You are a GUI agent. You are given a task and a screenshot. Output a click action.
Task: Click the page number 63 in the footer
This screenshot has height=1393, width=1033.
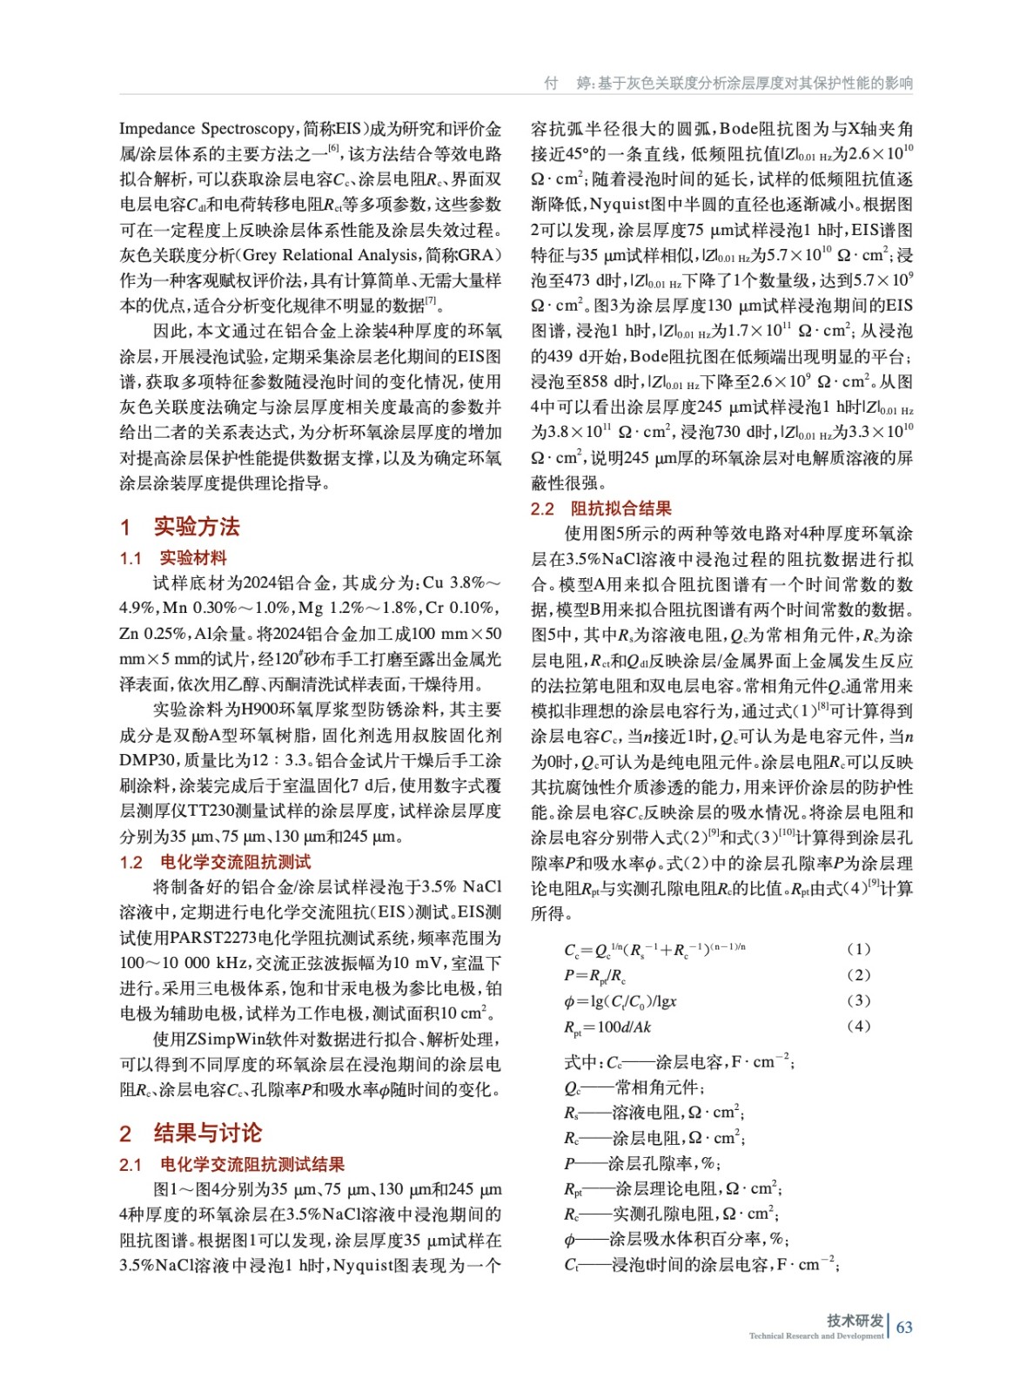tap(904, 1327)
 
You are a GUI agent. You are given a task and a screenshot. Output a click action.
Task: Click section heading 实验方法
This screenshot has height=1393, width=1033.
tap(196, 527)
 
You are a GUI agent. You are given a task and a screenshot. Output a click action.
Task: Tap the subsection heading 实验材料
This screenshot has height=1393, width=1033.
tap(192, 558)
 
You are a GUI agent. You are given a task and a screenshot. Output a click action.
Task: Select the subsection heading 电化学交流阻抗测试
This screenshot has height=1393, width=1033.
tap(235, 862)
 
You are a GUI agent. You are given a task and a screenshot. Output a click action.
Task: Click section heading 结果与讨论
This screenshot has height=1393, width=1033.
tap(207, 1133)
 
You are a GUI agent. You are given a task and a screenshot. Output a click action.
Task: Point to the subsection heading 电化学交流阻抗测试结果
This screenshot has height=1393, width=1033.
tap(252, 1164)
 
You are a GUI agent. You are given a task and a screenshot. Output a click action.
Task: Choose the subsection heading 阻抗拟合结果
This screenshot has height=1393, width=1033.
tap(620, 508)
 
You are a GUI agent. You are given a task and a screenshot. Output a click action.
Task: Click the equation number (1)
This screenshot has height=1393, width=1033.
tap(858, 949)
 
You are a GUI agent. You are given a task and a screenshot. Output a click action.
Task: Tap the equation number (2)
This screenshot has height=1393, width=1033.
tap(858, 974)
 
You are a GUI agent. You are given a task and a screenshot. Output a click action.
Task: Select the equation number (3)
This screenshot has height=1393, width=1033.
tap(858, 1000)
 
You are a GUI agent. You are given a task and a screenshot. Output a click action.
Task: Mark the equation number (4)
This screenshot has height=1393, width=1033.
tap(858, 1026)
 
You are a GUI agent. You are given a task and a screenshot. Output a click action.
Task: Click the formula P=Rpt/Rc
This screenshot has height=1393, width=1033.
tap(594, 975)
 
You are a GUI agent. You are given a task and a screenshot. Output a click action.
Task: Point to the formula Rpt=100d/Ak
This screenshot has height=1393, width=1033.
tap(607, 1026)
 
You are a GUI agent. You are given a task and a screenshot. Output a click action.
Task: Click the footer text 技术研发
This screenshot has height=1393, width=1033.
tap(855, 1320)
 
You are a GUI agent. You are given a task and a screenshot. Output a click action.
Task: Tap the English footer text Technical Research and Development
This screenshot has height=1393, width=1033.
tap(815, 1336)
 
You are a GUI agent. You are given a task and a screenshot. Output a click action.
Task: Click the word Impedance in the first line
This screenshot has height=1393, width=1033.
tap(158, 129)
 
